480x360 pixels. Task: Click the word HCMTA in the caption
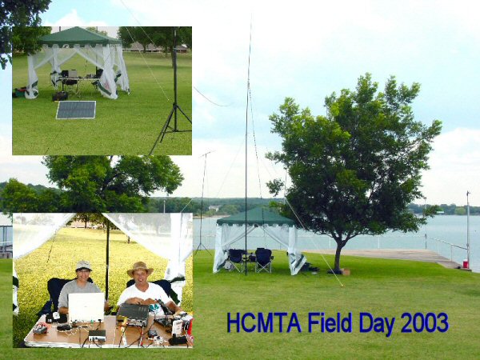264,322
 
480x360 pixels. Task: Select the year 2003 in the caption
425,322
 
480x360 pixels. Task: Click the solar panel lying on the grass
76,110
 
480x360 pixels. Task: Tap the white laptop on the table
86,307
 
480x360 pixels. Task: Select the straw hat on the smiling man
140,269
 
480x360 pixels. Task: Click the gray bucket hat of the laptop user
83,266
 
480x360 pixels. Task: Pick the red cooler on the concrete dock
466,263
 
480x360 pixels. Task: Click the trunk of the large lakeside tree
338,257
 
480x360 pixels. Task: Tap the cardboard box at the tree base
346,272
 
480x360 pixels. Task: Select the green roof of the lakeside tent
255,217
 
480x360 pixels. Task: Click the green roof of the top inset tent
80,37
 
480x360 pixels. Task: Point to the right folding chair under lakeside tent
263,259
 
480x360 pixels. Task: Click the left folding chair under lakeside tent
236,259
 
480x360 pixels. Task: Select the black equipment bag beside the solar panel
60,96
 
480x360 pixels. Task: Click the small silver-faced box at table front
97,335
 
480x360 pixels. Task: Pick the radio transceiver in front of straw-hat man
133,314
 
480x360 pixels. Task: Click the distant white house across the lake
214,209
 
